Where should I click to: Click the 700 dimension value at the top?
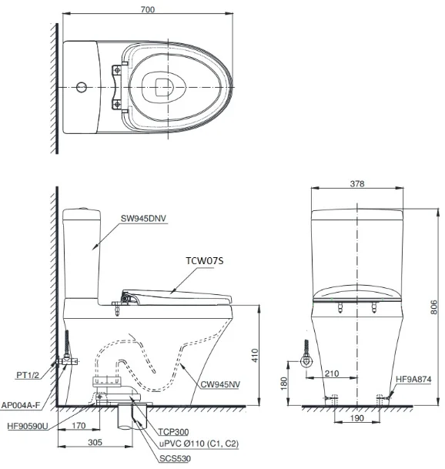click(148, 9)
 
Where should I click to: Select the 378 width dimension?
click(357, 183)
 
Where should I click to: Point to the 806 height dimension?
click(433, 307)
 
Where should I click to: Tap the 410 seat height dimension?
click(255, 355)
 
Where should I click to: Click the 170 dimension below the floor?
click(79, 425)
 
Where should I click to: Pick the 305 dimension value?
click(95, 442)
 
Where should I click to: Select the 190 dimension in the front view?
click(356, 418)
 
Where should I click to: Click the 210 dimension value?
click(332, 374)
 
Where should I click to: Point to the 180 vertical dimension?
click(284, 384)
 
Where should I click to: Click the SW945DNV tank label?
click(143, 219)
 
